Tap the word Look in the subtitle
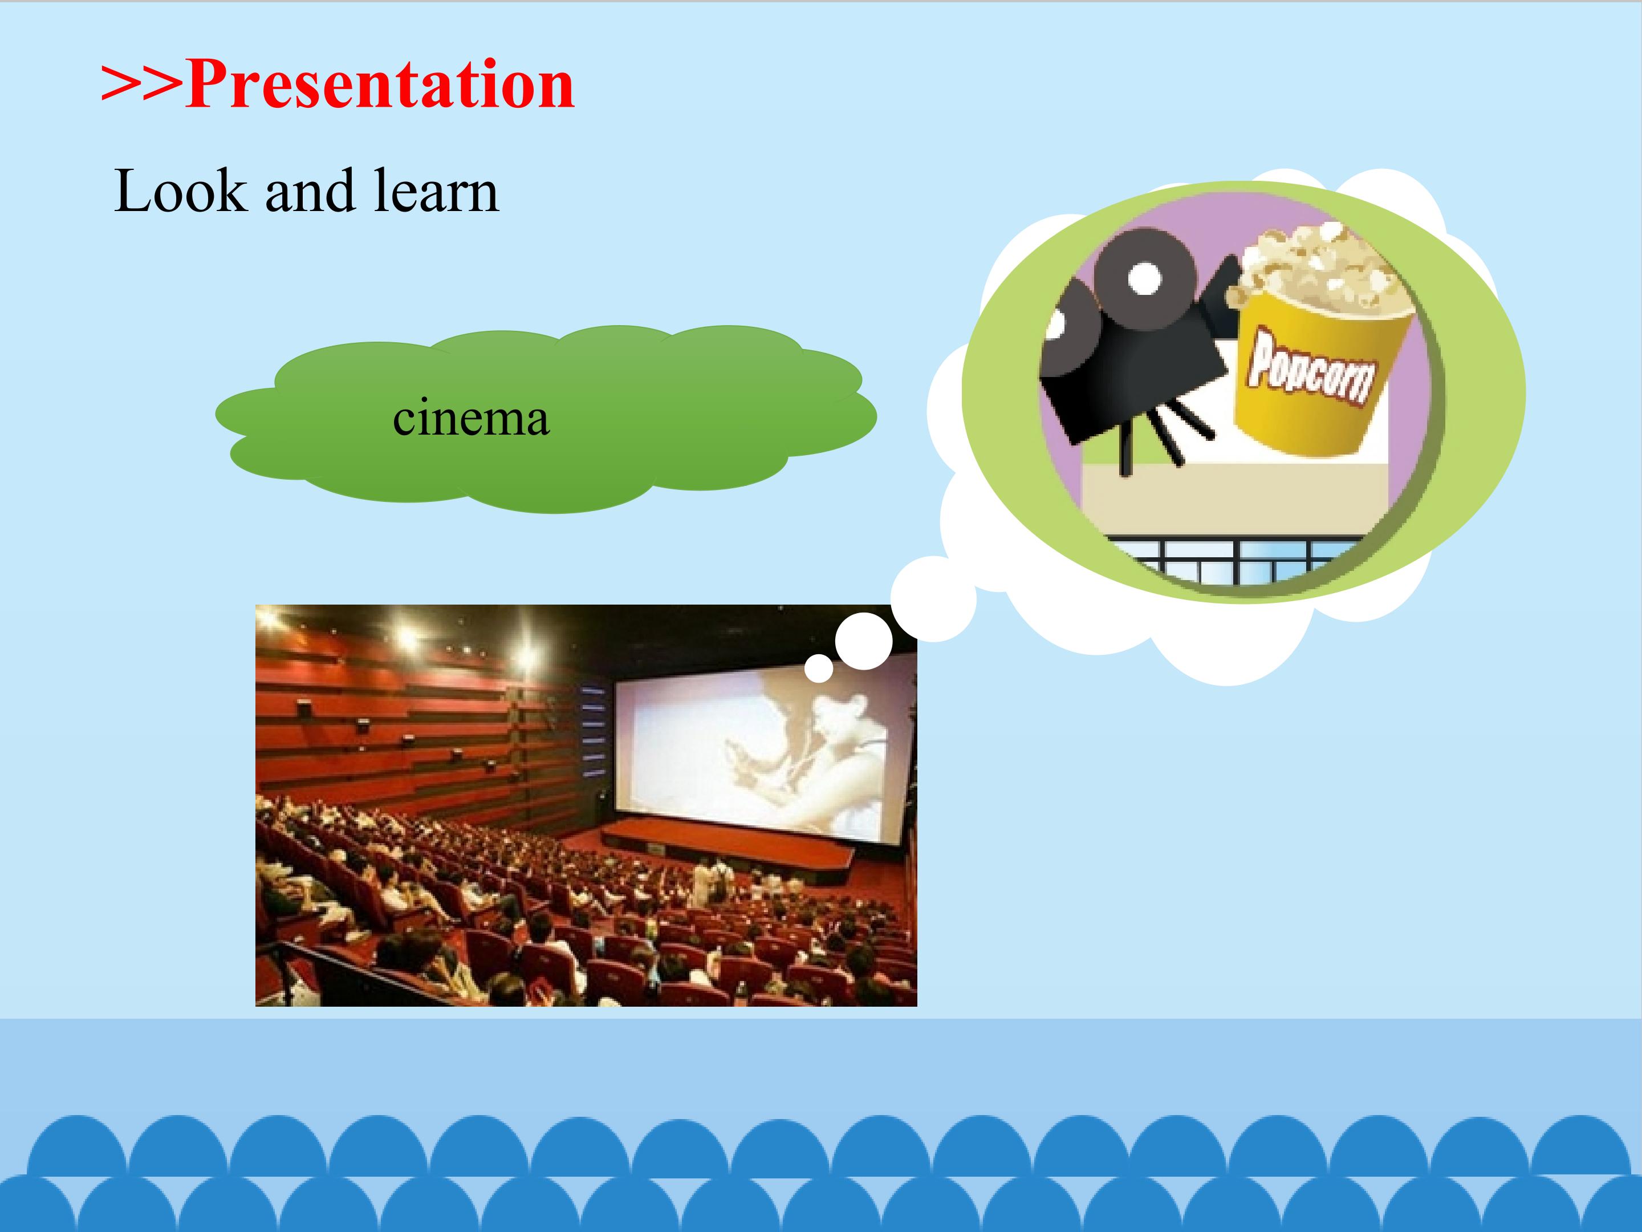tap(180, 191)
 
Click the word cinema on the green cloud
tap(470, 418)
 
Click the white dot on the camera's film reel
tap(1145, 278)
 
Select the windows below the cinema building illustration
tap(1236, 561)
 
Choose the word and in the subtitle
tap(310, 191)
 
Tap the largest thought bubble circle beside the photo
tap(934, 598)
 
